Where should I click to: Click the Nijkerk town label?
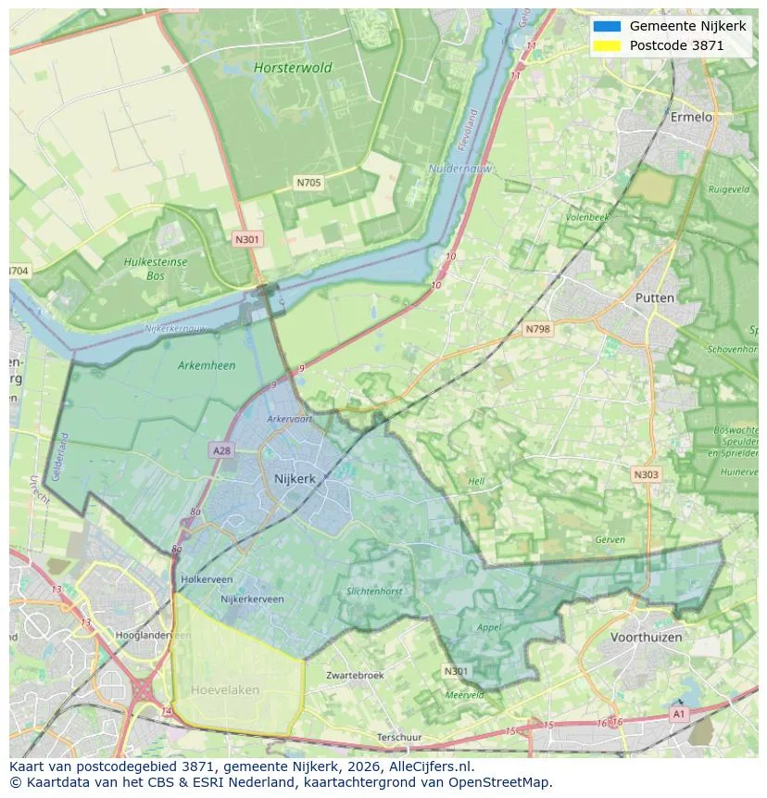coord(295,478)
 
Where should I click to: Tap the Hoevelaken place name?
coord(225,690)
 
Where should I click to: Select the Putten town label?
coord(654,298)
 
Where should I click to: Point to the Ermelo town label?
coord(691,118)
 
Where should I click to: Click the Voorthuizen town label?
coord(646,638)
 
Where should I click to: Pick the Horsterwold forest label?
coord(292,68)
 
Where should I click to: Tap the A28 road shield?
coord(221,450)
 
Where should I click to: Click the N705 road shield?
coord(308,183)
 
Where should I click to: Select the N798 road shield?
coord(537,329)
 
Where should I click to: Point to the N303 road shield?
coord(646,475)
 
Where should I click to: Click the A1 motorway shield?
coord(678,714)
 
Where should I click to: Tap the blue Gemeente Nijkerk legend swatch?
coord(607,26)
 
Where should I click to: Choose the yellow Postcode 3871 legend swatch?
coord(607,45)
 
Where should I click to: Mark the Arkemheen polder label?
coord(206,365)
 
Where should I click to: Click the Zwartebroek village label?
coord(354,676)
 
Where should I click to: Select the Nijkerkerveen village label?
coord(252,600)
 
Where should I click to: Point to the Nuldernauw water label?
coord(460,169)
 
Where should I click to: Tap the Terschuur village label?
coord(400,737)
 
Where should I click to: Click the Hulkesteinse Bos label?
coord(155,268)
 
